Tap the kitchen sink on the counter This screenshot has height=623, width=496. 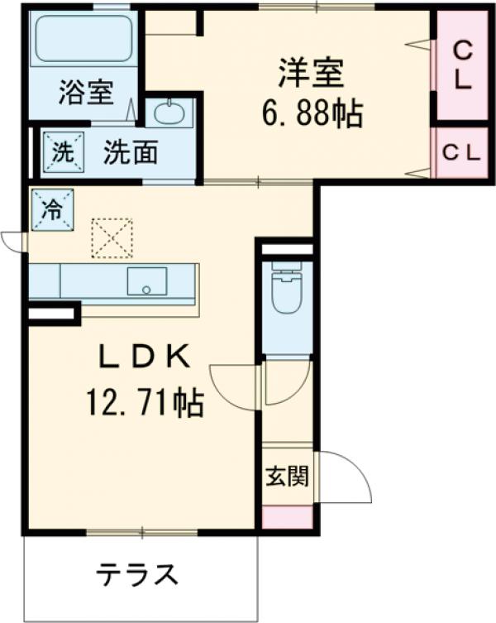tap(146, 281)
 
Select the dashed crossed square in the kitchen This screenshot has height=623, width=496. tap(111, 238)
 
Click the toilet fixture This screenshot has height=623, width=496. tap(287, 290)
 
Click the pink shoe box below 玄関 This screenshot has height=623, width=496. tap(288, 516)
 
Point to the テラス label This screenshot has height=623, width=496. tap(137, 573)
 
